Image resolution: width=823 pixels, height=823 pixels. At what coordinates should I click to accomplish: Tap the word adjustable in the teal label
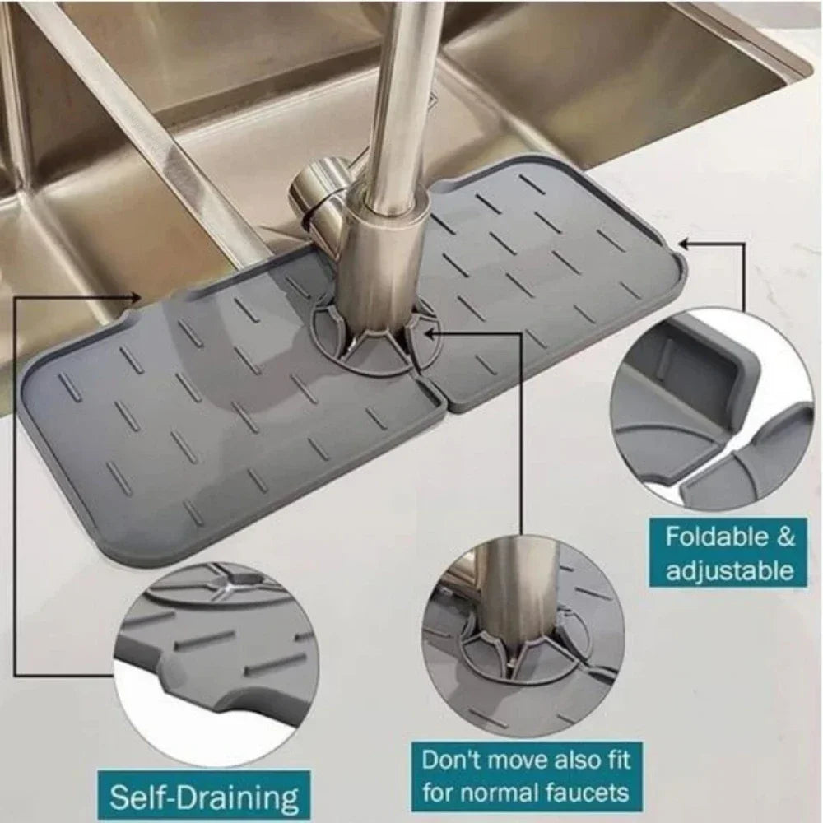pos(729,570)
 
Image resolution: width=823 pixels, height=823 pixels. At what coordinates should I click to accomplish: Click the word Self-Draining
pos(204,798)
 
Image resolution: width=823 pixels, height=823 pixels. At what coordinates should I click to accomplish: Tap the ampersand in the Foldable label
pos(785,538)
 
